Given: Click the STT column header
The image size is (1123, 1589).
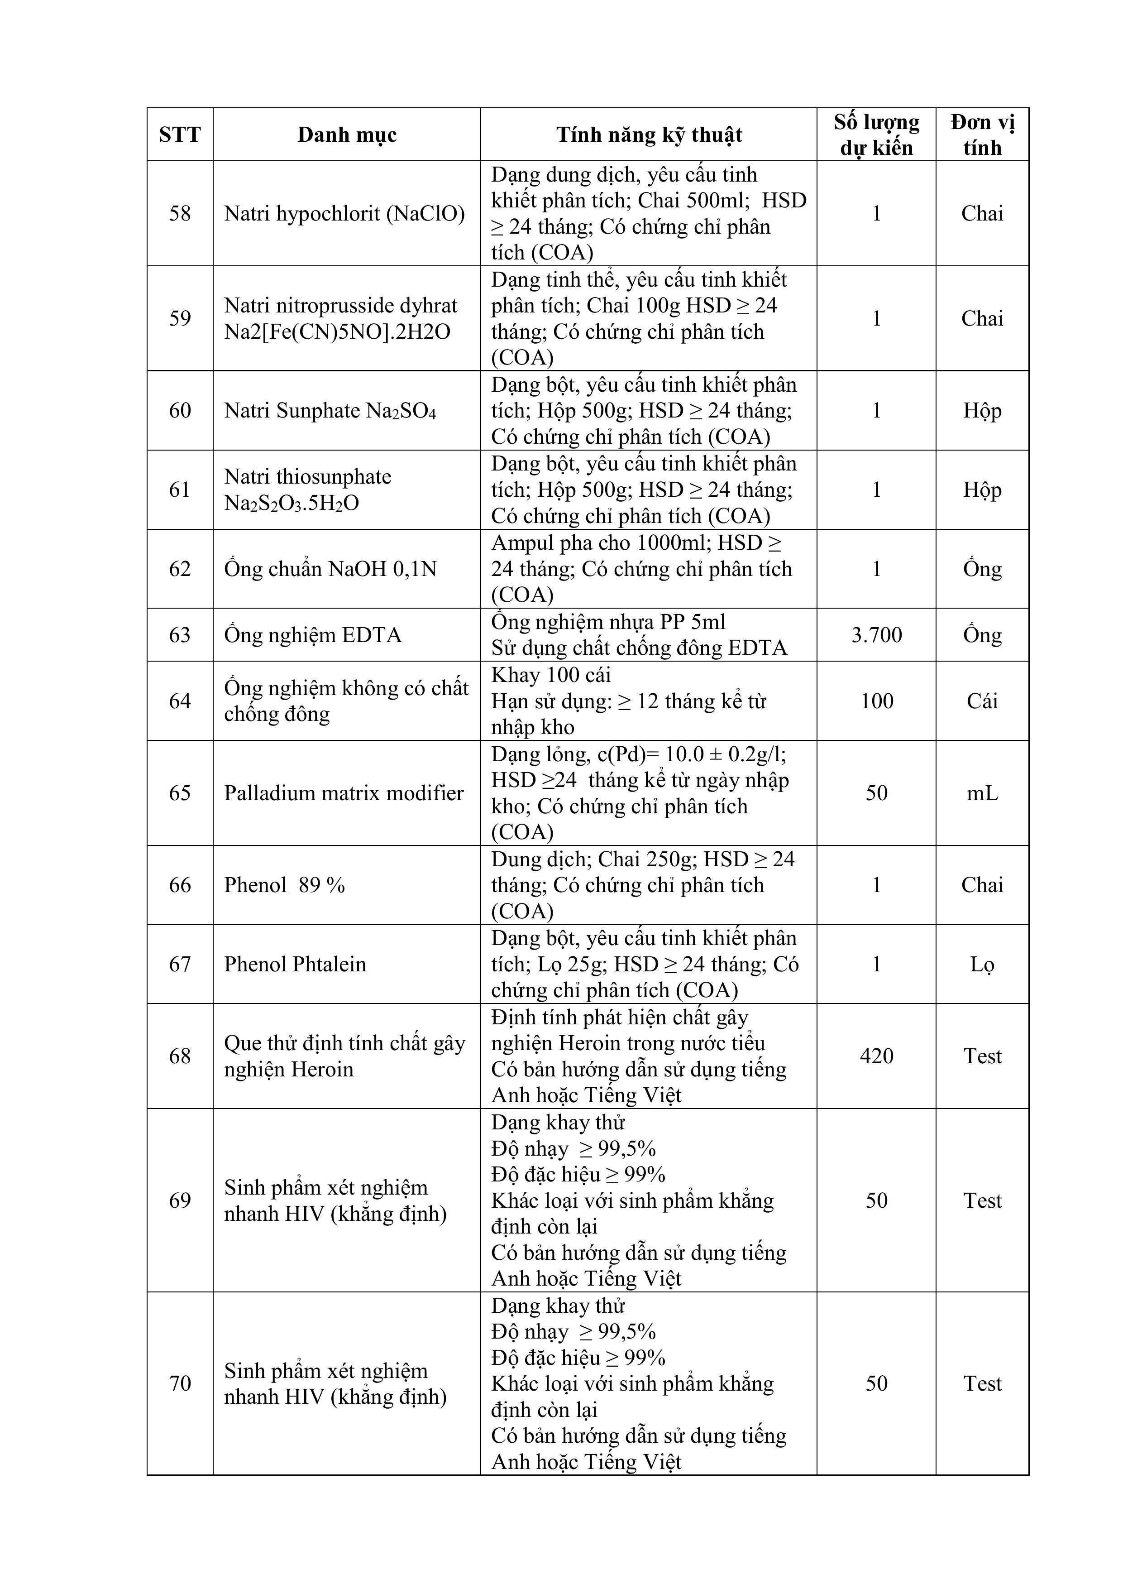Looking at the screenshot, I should (x=180, y=134).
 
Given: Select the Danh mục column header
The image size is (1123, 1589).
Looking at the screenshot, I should (x=347, y=134).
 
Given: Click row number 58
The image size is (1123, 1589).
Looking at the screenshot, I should (x=180, y=213).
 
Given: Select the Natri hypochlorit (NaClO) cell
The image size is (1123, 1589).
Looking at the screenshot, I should (x=344, y=213).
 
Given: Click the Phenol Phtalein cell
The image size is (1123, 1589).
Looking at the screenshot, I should (x=295, y=964).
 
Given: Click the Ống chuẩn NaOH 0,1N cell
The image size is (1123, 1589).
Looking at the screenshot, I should (x=330, y=569).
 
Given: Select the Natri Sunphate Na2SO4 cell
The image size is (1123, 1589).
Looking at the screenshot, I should (x=330, y=410).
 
